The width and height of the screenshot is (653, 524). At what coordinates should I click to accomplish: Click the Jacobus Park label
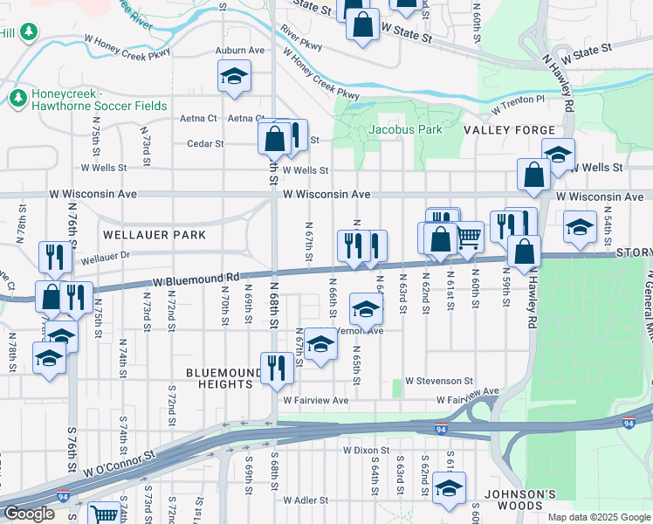(404, 129)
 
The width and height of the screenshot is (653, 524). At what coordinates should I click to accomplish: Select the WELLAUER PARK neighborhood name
(155, 235)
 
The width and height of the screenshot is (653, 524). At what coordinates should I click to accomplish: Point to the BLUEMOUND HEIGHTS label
(223, 378)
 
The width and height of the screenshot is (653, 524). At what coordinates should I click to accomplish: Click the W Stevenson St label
(439, 382)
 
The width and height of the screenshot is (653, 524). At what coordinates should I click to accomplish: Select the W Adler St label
(305, 500)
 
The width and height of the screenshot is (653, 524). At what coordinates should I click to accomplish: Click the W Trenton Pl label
(518, 104)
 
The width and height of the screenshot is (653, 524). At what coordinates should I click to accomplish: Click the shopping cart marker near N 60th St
(469, 234)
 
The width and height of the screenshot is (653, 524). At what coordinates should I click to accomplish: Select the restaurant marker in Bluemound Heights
(277, 365)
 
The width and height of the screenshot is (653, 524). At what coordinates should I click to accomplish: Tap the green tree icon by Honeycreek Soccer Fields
(17, 95)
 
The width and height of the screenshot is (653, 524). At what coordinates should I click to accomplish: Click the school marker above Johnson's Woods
(449, 487)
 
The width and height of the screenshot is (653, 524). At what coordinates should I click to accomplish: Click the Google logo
(29, 514)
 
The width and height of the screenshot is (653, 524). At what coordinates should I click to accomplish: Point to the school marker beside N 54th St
(579, 226)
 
